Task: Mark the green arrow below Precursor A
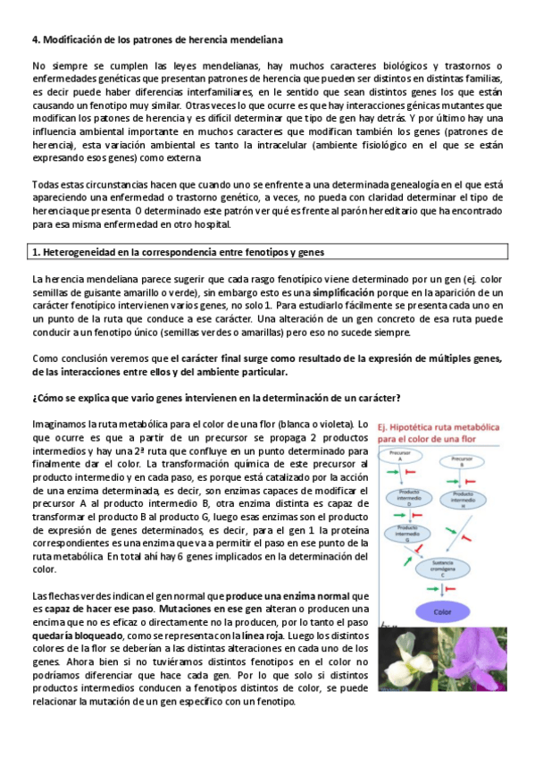[391, 473]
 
